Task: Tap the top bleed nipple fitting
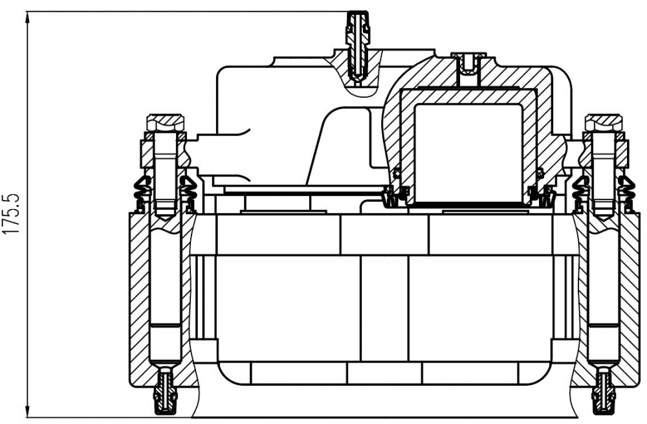[357, 45]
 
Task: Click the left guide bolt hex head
[164, 122]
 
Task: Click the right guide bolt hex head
[603, 122]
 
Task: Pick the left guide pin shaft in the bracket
[165, 289]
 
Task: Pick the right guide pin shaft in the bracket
[604, 289]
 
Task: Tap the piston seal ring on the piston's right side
[540, 173]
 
